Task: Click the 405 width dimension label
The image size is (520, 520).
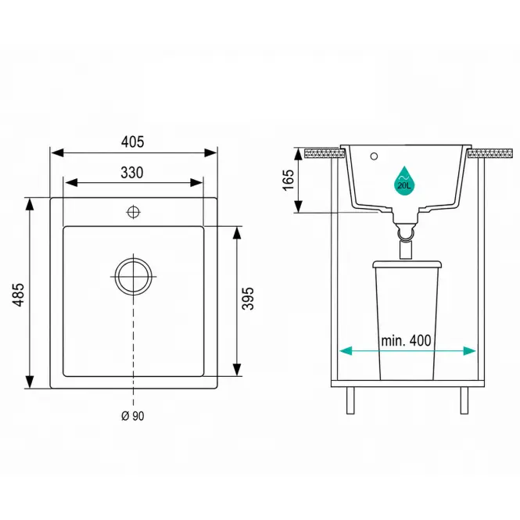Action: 133,142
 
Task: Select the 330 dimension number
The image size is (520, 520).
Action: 132,173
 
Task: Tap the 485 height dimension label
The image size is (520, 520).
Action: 19,295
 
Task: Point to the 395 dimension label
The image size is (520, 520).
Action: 247,299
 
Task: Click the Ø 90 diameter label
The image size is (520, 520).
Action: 133,416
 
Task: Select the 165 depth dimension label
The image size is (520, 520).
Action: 289,180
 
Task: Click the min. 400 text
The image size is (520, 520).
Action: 406,341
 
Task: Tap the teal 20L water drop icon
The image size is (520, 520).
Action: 404,181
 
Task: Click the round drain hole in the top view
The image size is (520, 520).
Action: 133,276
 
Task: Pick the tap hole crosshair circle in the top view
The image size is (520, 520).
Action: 133,212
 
